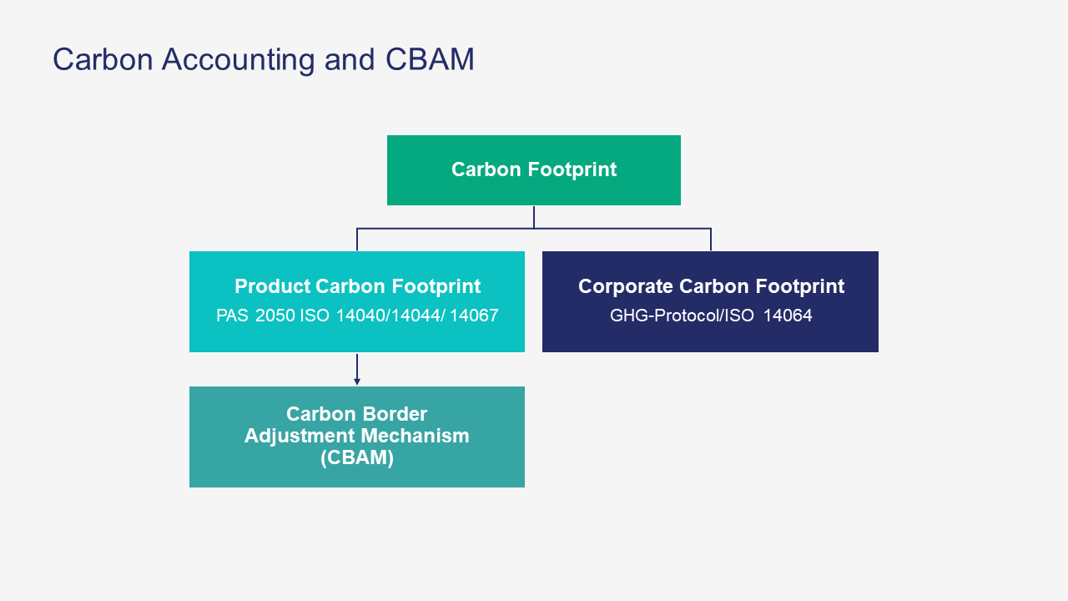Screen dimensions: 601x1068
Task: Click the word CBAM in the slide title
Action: (430, 59)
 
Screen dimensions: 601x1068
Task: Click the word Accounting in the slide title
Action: (238, 59)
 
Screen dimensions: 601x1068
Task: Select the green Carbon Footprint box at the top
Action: (534, 170)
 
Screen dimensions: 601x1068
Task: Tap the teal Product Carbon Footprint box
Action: (357, 301)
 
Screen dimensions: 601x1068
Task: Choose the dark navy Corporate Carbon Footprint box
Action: (710, 301)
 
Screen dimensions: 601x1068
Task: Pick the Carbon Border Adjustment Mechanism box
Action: (357, 437)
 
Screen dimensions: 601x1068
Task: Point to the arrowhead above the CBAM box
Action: (357, 381)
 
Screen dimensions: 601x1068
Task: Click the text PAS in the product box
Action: (232, 316)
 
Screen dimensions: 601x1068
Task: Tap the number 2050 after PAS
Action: (275, 316)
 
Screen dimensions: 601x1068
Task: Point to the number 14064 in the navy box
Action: (788, 316)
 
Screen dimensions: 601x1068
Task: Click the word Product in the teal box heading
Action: (272, 286)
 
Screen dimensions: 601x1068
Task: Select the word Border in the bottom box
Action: (396, 414)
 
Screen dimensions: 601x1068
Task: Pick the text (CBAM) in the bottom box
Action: (357, 457)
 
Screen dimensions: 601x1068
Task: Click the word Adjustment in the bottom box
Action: (299, 435)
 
